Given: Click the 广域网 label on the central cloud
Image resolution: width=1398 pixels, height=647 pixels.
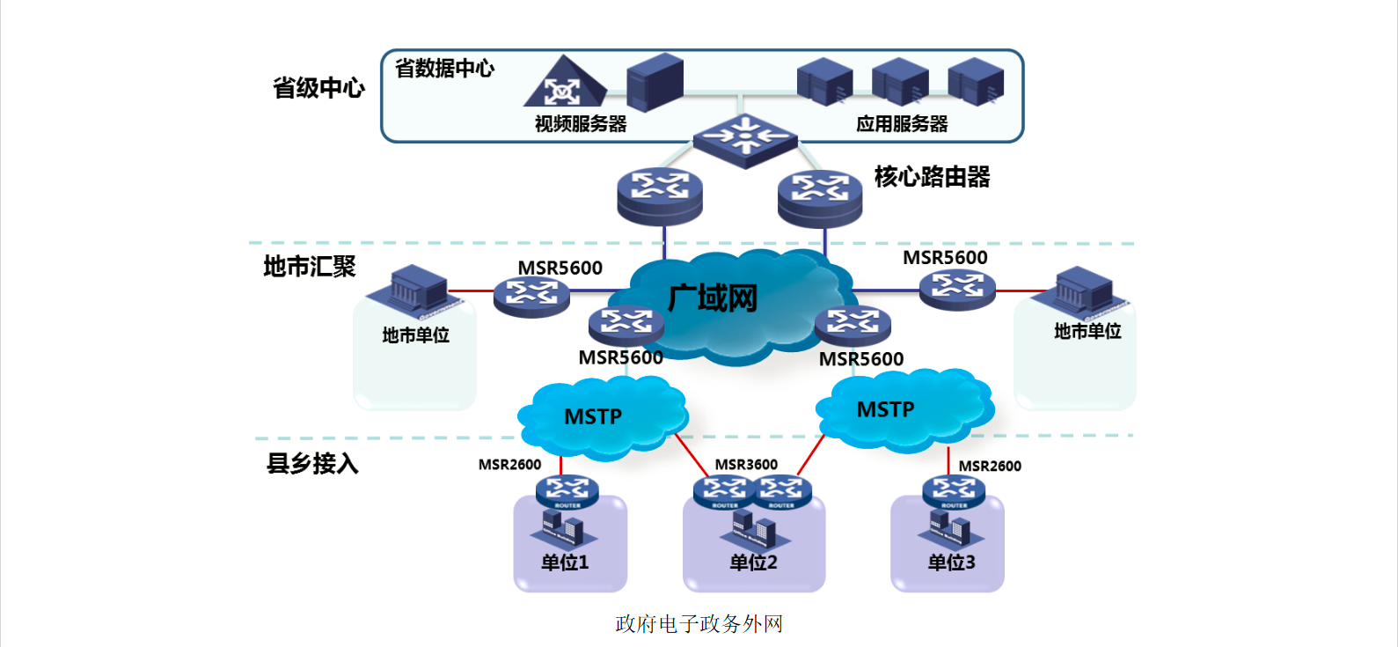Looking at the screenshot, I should tap(713, 298).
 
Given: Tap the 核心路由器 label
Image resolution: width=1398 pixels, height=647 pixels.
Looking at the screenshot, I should tap(932, 177).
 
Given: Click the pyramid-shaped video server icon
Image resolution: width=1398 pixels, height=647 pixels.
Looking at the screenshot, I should tap(564, 83).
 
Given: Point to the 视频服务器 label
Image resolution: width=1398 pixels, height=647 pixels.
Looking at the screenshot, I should tap(581, 124).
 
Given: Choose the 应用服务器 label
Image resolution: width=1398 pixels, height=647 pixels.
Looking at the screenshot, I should tap(902, 124).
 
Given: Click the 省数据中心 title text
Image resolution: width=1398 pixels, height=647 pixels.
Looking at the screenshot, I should tap(444, 69).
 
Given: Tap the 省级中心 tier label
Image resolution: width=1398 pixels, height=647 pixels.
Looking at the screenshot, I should tap(318, 88).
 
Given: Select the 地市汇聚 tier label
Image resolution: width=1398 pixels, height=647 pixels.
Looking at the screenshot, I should tap(310, 267).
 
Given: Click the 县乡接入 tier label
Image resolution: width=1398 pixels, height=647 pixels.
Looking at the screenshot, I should tap(312, 463).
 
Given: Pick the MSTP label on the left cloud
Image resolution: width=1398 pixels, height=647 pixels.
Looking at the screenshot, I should tap(593, 416).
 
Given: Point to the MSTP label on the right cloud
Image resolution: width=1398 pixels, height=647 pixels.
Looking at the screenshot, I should tap(885, 409).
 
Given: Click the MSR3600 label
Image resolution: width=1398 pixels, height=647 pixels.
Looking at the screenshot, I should tap(746, 465).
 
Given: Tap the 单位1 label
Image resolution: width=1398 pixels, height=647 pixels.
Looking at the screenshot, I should tap(565, 562).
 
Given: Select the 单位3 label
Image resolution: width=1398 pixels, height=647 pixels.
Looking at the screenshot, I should tap(951, 562).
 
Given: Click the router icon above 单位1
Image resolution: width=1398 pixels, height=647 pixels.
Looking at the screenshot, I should tap(567, 491).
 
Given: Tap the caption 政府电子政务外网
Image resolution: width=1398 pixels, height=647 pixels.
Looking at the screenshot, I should tap(699, 624).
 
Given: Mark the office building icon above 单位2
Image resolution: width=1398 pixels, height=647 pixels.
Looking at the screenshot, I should tap(754, 527).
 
